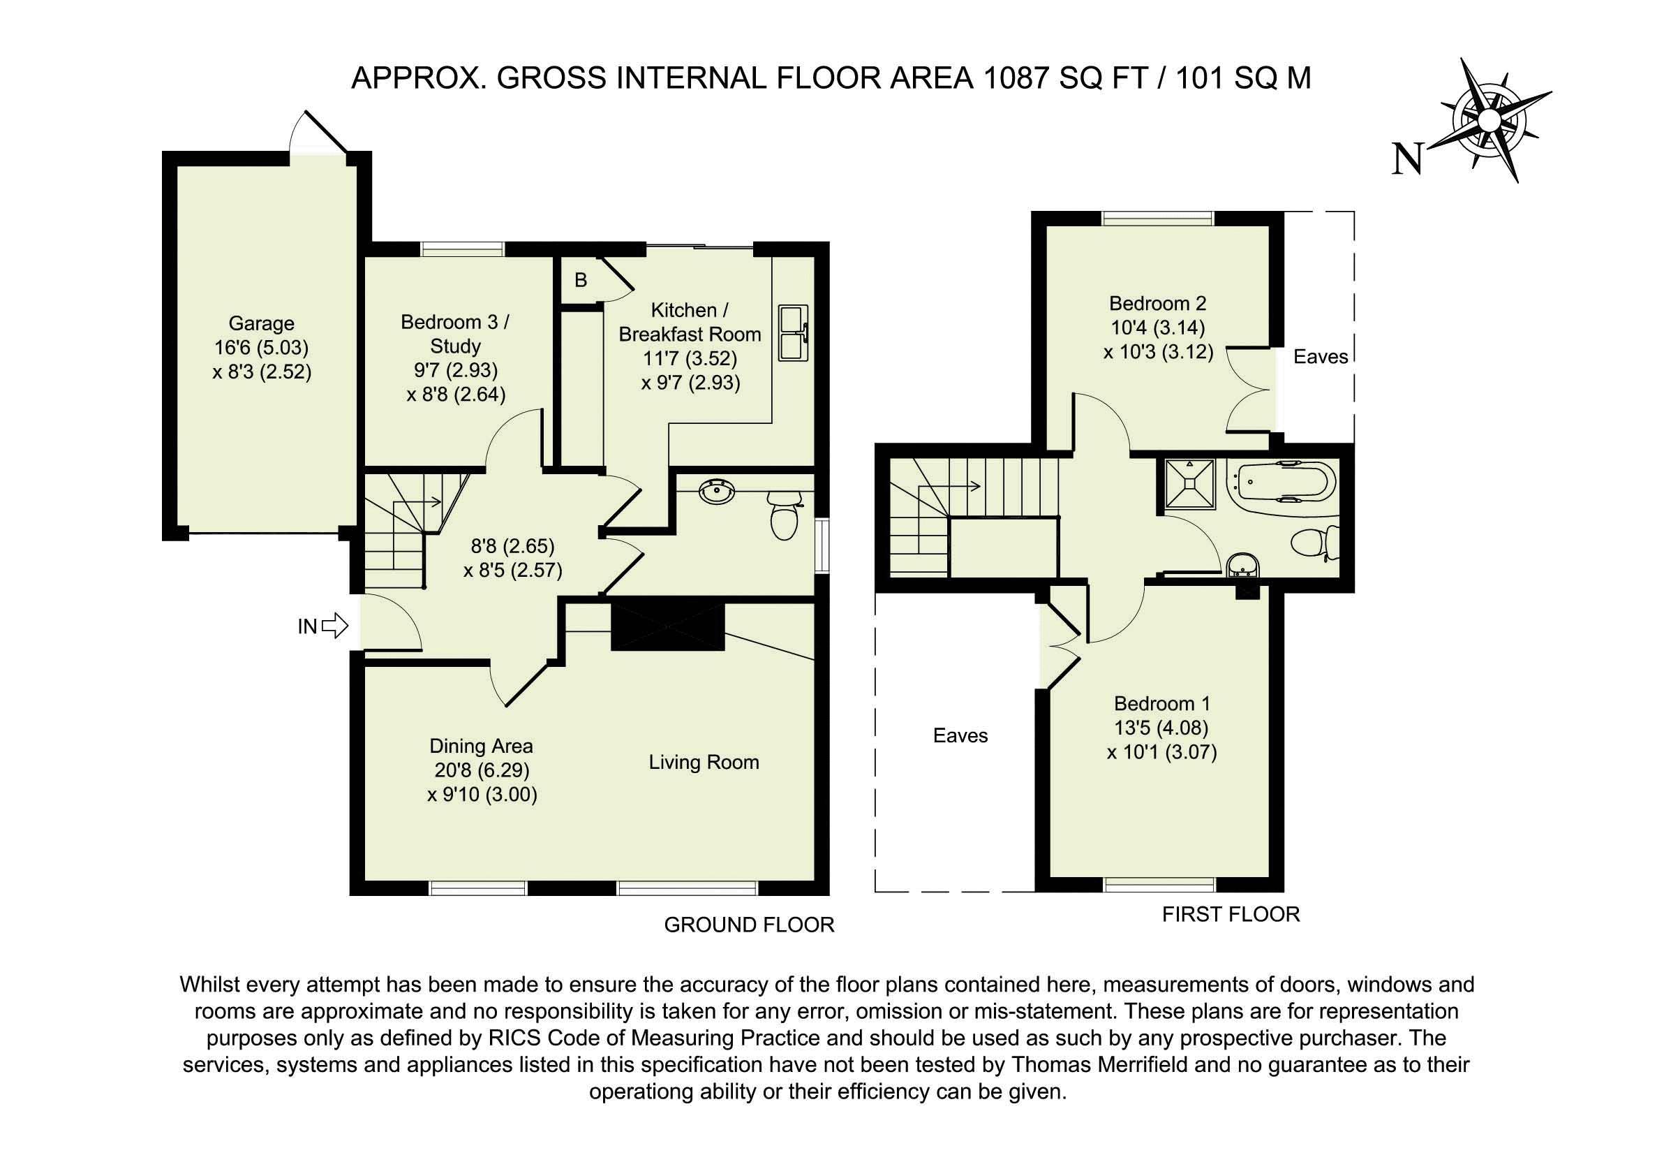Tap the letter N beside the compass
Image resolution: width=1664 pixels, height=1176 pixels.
(1408, 159)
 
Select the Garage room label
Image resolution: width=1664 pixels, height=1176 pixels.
(262, 323)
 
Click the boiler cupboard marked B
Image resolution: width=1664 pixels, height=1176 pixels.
(581, 280)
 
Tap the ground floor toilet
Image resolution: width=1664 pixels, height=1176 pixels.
(783, 515)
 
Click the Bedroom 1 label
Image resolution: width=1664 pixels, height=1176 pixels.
(1162, 703)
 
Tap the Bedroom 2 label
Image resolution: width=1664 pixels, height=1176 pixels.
(1158, 303)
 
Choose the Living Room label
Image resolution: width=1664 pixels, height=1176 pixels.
(704, 762)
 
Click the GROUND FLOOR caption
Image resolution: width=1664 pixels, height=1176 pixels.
(750, 925)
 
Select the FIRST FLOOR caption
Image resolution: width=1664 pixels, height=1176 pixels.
(1231, 914)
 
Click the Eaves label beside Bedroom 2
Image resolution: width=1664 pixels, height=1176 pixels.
(1321, 357)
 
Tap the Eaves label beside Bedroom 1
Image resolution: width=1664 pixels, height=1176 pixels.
(960, 736)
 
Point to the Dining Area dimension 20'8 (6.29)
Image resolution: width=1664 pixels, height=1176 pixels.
(482, 770)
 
